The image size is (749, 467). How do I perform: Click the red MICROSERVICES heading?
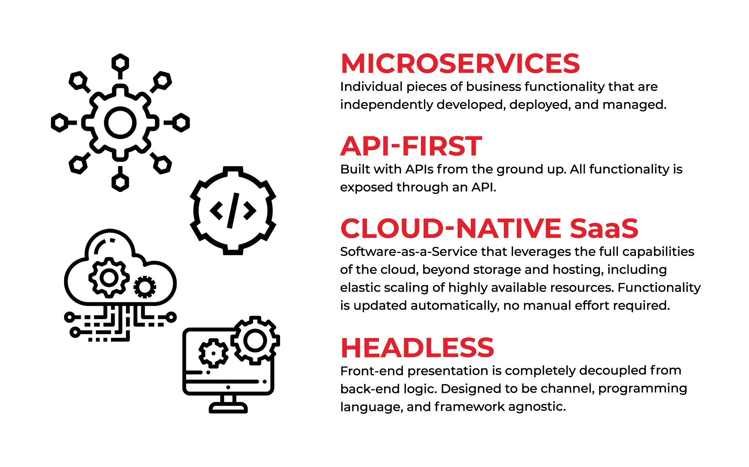[x=460, y=63]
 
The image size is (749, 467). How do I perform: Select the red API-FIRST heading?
[x=411, y=146]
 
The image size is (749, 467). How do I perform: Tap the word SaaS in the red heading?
[x=604, y=228]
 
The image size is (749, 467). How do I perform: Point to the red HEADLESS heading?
[x=418, y=348]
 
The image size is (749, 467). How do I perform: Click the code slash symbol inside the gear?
[x=233, y=211]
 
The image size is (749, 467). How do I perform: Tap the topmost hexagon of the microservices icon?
[x=120, y=63]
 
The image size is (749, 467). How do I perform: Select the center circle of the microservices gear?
[x=120, y=123]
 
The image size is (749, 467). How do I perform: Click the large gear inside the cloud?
[x=109, y=278]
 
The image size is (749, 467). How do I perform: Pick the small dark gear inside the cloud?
[x=145, y=287]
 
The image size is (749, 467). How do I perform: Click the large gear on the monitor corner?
[x=255, y=341]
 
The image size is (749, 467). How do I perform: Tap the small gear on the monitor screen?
[x=213, y=353]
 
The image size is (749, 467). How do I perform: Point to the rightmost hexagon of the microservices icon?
[x=181, y=123]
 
